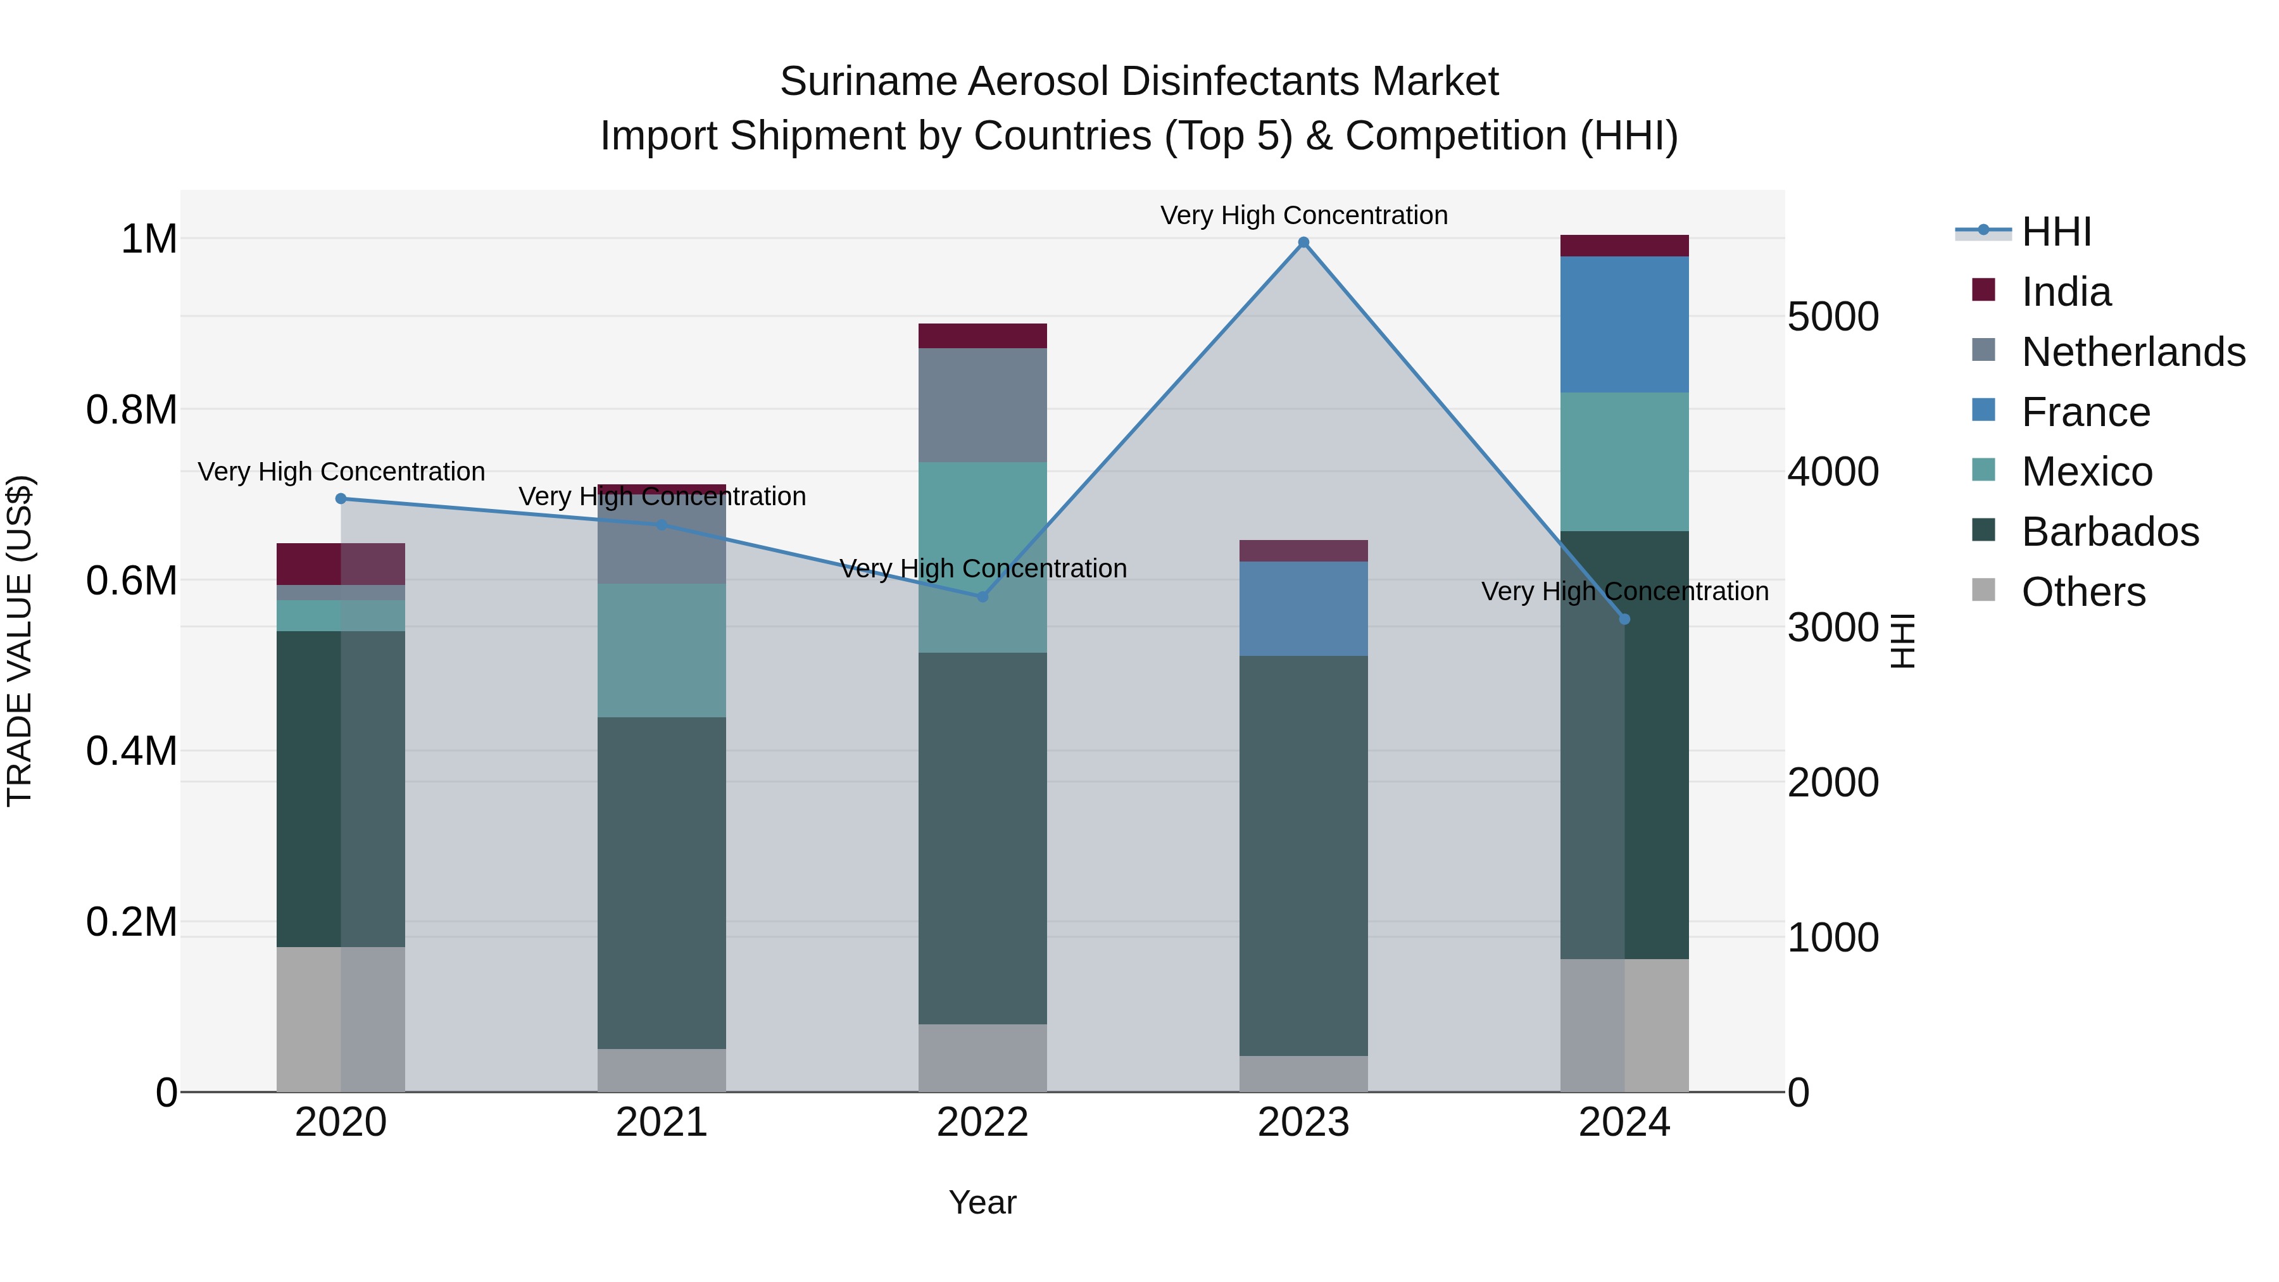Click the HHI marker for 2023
click(1303, 242)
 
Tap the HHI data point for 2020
click(341, 499)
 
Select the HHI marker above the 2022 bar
click(982, 597)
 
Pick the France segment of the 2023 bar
click(1303, 608)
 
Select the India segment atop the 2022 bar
click(982, 336)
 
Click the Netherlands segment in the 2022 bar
click(982, 405)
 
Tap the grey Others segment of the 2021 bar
click(662, 1071)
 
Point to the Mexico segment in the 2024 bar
click(1624, 462)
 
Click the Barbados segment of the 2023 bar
click(1303, 855)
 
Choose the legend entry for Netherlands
click(2132, 352)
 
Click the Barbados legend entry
click(2109, 532)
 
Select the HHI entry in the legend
click(2056, 232)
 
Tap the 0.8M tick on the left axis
click(131, 410)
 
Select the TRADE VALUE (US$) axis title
click(20, 641)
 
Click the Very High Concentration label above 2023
click(1303, 215)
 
